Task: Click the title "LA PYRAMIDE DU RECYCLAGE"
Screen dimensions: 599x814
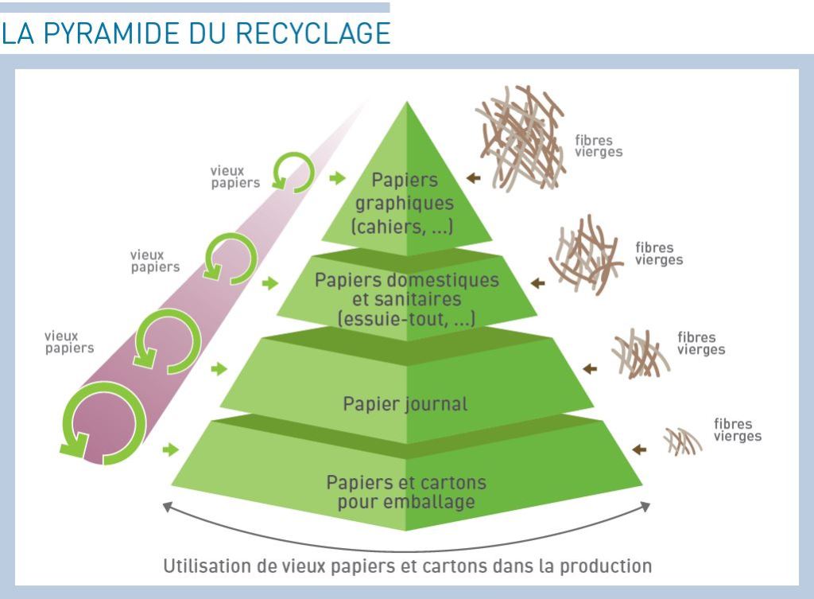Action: (x=196, y=33)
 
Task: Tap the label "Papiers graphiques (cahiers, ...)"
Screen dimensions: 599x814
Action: (x=405, y=204)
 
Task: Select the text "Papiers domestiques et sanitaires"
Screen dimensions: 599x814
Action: (x=407, y=290)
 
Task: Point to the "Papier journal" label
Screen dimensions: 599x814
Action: (x=405, y=403)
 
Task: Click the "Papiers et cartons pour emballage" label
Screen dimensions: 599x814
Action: (x=406, y=492)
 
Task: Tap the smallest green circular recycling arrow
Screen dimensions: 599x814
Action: (x=293, y=172)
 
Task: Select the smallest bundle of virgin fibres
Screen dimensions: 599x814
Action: (x=683, y=441)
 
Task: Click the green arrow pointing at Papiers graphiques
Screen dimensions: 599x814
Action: (x=338, y=178)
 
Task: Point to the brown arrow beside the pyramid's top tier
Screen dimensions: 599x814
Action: (x=474, y=178)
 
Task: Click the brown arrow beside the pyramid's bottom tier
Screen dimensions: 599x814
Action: (x=638, y=449)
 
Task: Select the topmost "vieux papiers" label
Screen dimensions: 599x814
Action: (x=235, y=177)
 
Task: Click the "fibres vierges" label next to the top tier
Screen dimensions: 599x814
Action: (x=599, y=146)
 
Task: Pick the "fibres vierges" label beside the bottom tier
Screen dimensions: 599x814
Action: (x=737, y=430)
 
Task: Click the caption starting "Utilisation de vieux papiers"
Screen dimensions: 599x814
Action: (x=407, y=567)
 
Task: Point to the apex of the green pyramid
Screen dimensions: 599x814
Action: (x=406, y=103)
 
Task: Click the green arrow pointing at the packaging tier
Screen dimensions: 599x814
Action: (x=170, y=450)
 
